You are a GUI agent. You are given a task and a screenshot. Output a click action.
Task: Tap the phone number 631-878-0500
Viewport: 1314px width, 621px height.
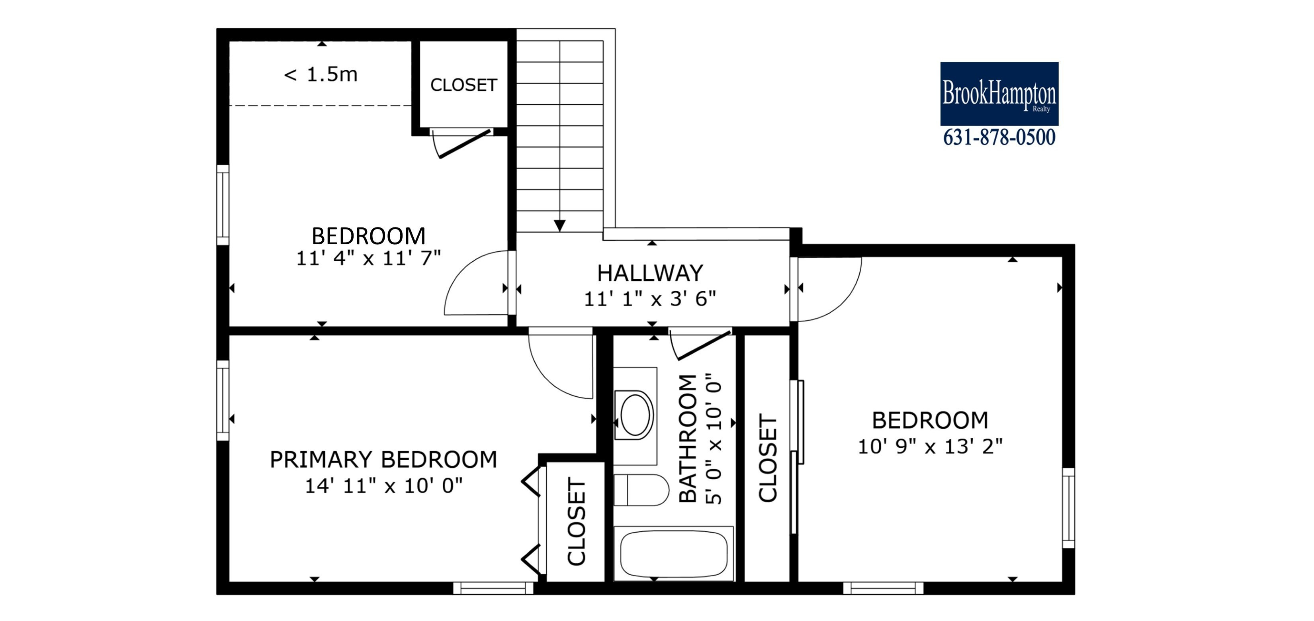point(999,138)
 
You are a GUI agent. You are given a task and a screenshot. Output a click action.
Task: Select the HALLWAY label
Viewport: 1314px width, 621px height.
point(650,274)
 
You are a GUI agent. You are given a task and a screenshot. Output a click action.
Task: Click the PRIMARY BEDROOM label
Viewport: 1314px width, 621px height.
point(383,460)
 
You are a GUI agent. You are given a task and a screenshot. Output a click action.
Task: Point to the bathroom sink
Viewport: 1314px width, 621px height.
point(635,415)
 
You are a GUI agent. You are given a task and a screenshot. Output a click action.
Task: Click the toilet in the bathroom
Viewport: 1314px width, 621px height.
point(641,490)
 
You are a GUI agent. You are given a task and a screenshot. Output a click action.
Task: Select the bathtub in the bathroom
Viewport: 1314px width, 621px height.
point(673,554)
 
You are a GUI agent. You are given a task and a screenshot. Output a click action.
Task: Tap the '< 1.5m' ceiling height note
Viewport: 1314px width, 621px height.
point(321,75)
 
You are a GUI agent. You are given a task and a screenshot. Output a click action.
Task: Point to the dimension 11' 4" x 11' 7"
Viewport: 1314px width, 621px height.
point(368,258)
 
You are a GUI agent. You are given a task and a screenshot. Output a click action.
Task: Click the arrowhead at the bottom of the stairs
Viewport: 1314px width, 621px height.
point(559,225)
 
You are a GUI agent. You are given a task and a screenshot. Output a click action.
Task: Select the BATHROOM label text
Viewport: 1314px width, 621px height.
point(688,439)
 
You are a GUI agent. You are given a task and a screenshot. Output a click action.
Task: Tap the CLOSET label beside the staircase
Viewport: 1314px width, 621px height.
point(463,85)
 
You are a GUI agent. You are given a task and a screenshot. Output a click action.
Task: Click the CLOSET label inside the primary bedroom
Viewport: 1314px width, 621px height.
point(577,522)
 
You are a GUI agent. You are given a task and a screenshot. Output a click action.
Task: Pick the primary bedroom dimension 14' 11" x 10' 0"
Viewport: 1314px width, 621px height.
point(383,486)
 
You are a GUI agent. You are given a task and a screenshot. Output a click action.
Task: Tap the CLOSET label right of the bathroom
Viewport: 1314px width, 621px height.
point(768,458)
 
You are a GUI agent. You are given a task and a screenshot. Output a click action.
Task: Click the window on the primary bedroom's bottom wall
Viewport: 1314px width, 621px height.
point(493,588)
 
